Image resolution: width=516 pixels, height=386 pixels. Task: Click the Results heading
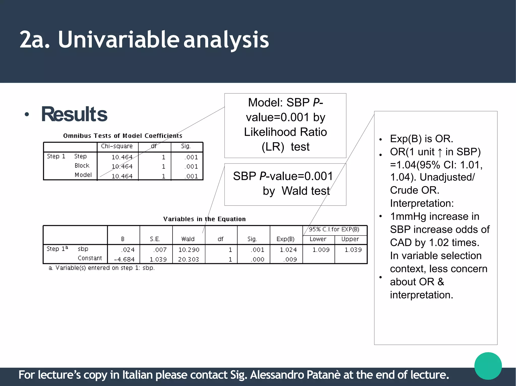click(x=74, y=114)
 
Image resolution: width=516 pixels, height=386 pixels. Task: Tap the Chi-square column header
click(x=117, y=146)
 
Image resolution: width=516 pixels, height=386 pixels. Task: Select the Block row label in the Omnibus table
click(x=82, y=166)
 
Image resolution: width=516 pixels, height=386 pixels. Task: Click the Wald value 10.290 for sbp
click(x=189, y=250)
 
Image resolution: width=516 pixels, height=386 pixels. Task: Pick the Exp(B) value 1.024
click(x=288, y=250)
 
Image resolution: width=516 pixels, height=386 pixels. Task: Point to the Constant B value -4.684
click(x=124, y=259)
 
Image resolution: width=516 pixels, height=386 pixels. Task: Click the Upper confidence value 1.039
click(x=353, y=250)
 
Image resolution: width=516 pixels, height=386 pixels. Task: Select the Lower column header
click(x=318, y=239)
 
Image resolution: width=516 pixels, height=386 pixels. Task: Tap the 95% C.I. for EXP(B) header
click(x=334, y=229)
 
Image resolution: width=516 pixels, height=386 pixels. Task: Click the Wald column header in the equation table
click(x=188, y=239)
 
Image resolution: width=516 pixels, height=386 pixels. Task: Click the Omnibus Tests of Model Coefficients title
click(x=123, y=136)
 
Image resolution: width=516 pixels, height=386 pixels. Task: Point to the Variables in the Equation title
click(x=204, y=219)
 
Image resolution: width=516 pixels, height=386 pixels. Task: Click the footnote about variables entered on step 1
click(x=102, y=268)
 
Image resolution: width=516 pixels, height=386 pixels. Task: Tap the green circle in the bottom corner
click(x=488, y=366)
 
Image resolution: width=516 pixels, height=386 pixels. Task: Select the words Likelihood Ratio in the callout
click(x=285, y=132)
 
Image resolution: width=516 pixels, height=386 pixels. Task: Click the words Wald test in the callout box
click(x=306, y=191)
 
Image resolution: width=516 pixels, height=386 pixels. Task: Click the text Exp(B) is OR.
click(x=421, y=139)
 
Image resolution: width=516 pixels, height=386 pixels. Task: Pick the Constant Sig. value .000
click(x=257, y=259)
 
